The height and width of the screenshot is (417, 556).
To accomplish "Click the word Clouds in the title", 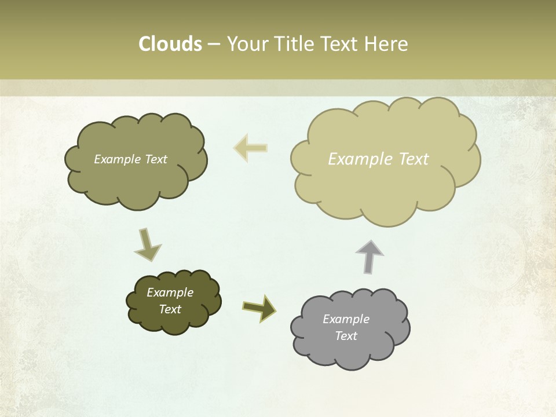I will coord(170,44).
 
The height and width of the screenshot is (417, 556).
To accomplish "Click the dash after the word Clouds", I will coord(214,45).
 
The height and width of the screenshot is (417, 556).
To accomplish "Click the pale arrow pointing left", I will coord(250,148).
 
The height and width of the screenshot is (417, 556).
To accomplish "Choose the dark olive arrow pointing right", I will coord(259,307).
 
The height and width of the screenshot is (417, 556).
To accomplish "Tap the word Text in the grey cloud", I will coord(346,336).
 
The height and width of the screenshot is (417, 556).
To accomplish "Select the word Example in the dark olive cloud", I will coord(170,292).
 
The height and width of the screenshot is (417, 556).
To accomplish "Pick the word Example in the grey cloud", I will coord(346,319).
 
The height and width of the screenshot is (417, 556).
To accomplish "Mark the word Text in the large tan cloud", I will coord(414,159).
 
